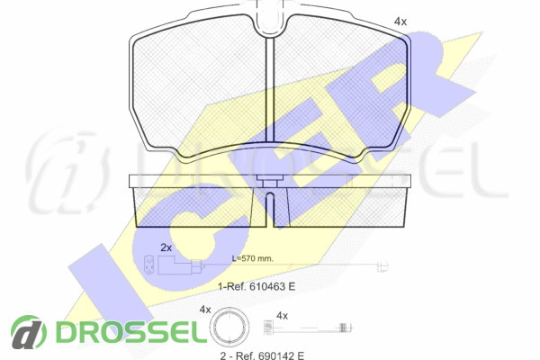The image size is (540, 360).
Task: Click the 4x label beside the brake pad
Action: pyautogui.click(x=400, y=22)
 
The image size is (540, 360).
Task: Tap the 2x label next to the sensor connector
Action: pyautogui.click(x=166, y=247)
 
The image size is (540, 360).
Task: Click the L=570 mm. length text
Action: pyautogui.click(x=252, y=258)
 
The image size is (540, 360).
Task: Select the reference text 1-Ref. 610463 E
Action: pyautogui.click(x=256, y=286)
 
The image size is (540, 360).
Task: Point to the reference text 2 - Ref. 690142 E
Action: pyautogui.click(x=262, y=355)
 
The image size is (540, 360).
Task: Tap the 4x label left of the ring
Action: pyautogui.click(x=205, y=310)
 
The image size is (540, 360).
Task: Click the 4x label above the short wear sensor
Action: pyautogui.click(x=282, y=316)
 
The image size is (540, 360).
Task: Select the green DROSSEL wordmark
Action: pyautogui.click(x=131, y=332)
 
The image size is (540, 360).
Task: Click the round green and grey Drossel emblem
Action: pyautogui.click(x=28, y=332)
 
